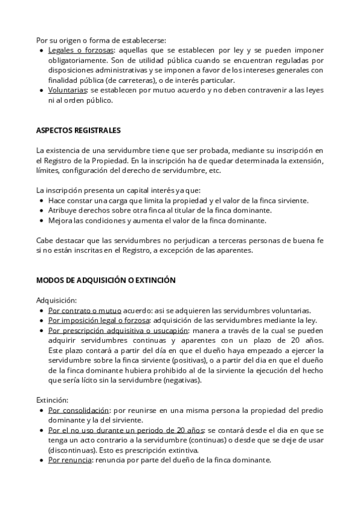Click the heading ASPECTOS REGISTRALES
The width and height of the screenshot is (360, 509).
pos(78,130)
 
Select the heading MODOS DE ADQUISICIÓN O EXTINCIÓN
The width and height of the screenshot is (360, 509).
pos(106,280)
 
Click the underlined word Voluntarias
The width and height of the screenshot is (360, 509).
pos(67,90)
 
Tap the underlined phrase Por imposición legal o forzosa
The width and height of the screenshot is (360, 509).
pos(99,321)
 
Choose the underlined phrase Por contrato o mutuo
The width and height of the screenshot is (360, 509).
pos(85,310)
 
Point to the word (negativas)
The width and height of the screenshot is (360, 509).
pos(182,381)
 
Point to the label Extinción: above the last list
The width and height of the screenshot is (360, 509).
pos(52,399)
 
